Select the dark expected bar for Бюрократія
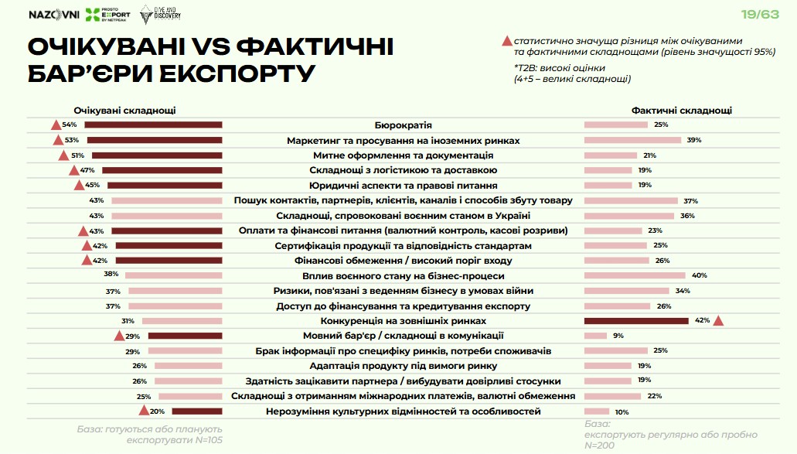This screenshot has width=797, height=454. tap(153, 125)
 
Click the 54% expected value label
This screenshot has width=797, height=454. tap(70, 125)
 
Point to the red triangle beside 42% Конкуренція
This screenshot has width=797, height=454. tap(718, 321)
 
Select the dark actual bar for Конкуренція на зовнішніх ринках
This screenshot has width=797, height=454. tap(636, 320)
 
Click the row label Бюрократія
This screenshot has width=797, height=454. tap(403, 125)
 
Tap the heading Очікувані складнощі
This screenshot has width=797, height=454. tap(124, 111)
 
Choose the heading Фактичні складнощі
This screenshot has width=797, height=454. tap(681, 111)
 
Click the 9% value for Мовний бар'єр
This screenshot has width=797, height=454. tap(618, 336)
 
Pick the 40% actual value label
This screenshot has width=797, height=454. tap(700, 275)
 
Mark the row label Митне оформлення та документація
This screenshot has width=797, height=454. tap(403, 155)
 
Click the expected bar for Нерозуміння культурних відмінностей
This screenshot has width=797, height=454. tap(196, 411)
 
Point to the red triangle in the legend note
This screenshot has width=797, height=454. tap(507, 40)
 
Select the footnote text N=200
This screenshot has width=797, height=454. tap(601, 445)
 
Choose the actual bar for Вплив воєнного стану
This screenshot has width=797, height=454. tap(635, 275)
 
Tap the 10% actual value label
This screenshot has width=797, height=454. tap(622, 411)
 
